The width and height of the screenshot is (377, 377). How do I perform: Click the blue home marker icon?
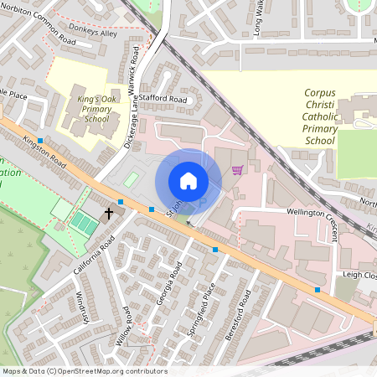188,181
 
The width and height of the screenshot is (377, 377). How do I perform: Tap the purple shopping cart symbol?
237,169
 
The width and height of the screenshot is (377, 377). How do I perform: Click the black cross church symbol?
108,214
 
